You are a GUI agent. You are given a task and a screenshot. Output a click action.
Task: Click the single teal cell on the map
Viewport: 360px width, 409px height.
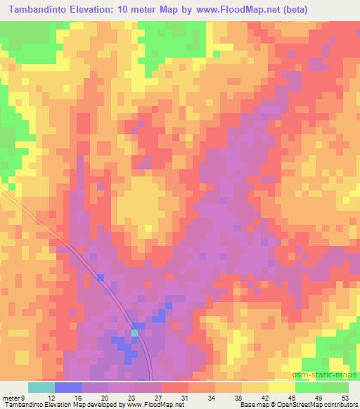click(x=135, y=332)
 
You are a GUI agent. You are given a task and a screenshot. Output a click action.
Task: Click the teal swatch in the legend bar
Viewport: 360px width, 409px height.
click(x=41, y=387)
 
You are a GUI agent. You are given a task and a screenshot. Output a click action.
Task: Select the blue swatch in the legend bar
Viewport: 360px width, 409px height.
click(x=68, y=387)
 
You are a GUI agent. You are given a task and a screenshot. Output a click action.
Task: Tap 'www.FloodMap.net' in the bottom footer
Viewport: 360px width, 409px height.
click(x=153, y=405)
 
